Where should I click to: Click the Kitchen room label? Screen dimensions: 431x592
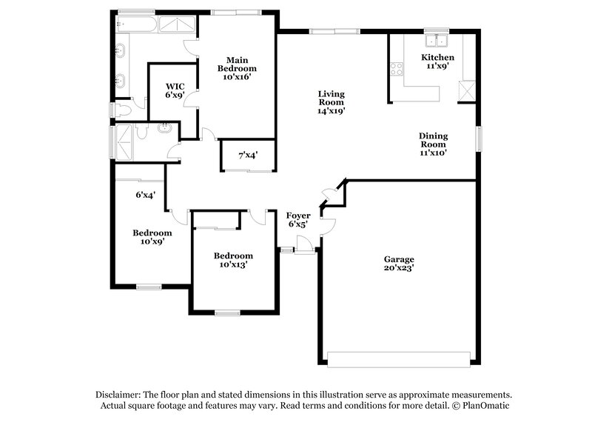click(437, 58)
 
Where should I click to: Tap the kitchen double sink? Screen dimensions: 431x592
click(437, 39)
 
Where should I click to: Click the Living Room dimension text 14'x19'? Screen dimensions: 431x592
click(332, 110)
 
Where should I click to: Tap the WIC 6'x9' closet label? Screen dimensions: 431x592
click(175, 90)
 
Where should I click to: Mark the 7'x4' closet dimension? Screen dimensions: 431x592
click(248, 156)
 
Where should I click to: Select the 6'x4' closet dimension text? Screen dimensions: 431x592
click(144, 195)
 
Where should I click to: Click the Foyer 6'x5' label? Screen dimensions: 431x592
click(297, 219)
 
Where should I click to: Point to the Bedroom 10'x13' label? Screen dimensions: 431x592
click(233, 260)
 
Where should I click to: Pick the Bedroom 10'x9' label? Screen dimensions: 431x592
click(152, 237)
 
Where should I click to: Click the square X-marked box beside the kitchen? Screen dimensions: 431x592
click(466, 91)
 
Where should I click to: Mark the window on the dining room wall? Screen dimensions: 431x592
click(479, 138)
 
